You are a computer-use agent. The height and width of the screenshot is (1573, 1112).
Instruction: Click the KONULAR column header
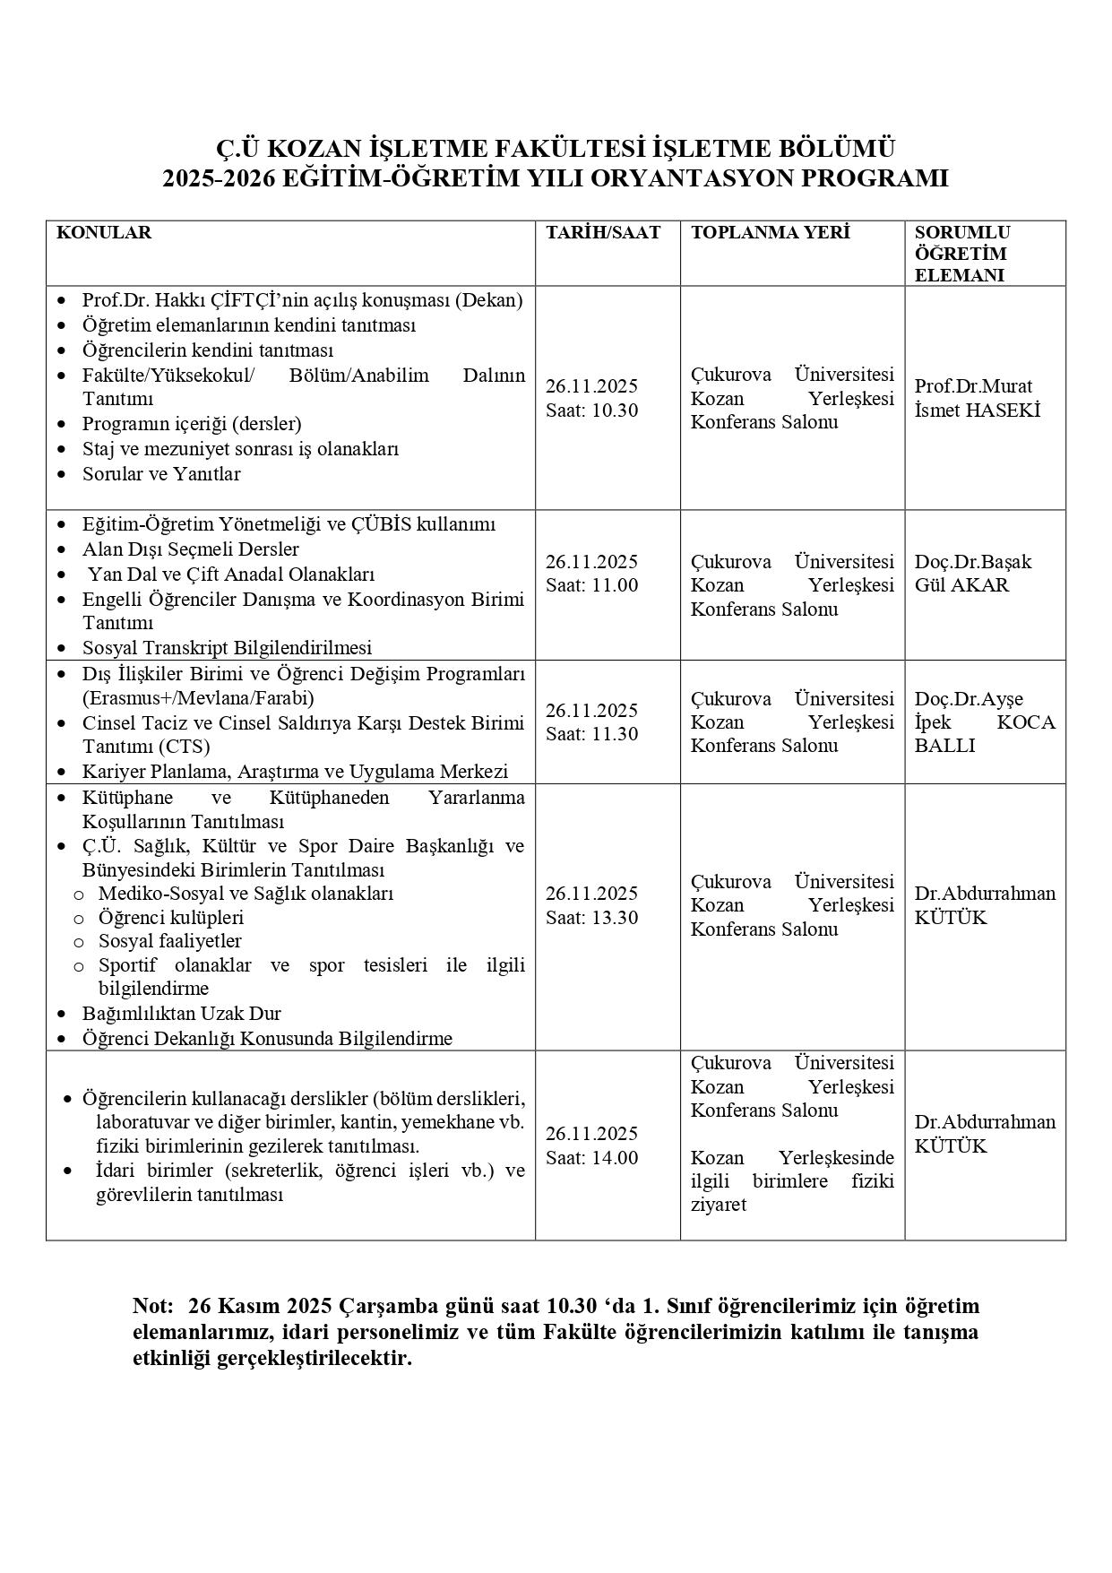click(104, 233)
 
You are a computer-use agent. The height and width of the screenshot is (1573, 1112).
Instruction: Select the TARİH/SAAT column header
click(603, 233)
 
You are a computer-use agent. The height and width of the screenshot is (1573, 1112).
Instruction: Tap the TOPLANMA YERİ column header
click(770, 233)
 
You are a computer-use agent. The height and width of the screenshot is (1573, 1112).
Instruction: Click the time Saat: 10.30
click(591, 411)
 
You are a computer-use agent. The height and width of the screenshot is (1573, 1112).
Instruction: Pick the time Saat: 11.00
click(591, 585)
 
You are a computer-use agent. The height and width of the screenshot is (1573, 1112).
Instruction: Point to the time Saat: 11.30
click(591, 734)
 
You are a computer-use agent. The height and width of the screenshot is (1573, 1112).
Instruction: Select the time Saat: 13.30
click(591, 917)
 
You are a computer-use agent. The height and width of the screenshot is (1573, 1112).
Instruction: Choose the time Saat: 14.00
click(591, 1157)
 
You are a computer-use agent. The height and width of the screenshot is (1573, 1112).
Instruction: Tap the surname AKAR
click(979, 585)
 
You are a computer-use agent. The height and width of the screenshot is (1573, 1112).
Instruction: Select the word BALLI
click(944, 746)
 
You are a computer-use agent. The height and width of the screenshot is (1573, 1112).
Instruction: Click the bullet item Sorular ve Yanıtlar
click(161, 473)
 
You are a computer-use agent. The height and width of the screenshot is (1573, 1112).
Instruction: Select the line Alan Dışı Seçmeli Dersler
click(190, 549)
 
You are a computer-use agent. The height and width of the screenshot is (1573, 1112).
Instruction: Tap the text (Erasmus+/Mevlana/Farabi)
click(198, 697)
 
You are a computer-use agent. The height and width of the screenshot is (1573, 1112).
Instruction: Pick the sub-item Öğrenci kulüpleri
click(170, 917)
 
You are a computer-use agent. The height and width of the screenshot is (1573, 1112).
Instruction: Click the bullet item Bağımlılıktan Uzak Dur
click(181, 1013)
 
